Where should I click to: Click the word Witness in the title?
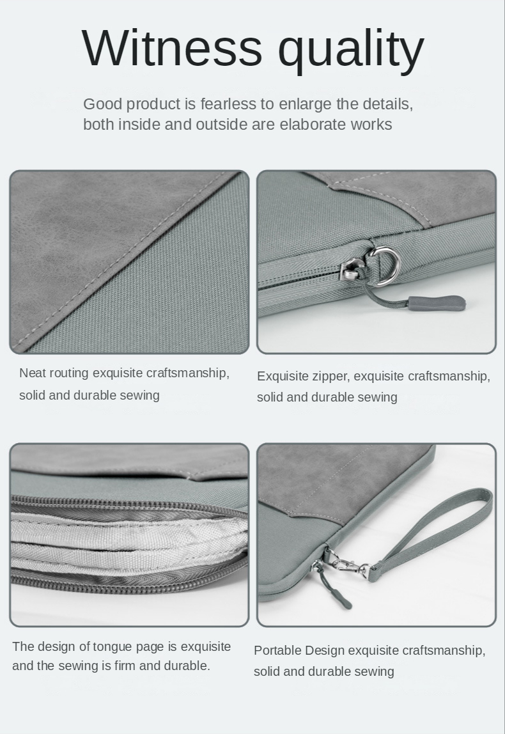(172, 48)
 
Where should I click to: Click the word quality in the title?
(351, 51)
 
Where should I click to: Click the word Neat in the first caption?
(33, 373)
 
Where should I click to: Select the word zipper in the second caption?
(330, 377)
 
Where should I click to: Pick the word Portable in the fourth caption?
(277, 650)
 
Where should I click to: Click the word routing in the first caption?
(69, 373)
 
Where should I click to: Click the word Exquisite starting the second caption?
(282, 377)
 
